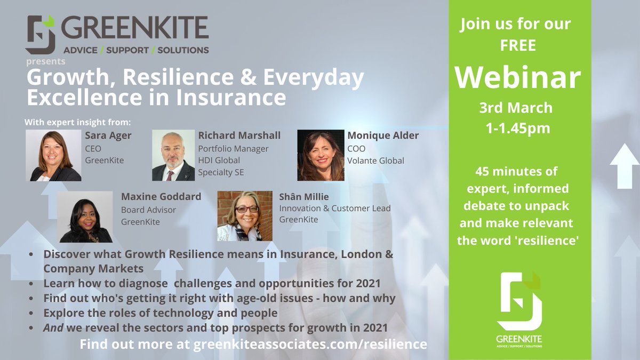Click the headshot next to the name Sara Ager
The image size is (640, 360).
[53, 156]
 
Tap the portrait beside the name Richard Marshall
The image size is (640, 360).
[173, 156]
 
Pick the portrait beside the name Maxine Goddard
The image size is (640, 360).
[85, 217]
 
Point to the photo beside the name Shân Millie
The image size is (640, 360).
[245, 216]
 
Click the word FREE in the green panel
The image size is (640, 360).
[517, 46]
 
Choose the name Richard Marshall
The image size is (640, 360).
[239, 135]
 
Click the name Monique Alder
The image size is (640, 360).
[383, 135]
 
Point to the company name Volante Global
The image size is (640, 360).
[375, 161]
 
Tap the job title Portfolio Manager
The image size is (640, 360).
[233, 148]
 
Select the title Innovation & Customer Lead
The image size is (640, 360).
[335, 208]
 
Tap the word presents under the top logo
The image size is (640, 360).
[46, 62]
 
